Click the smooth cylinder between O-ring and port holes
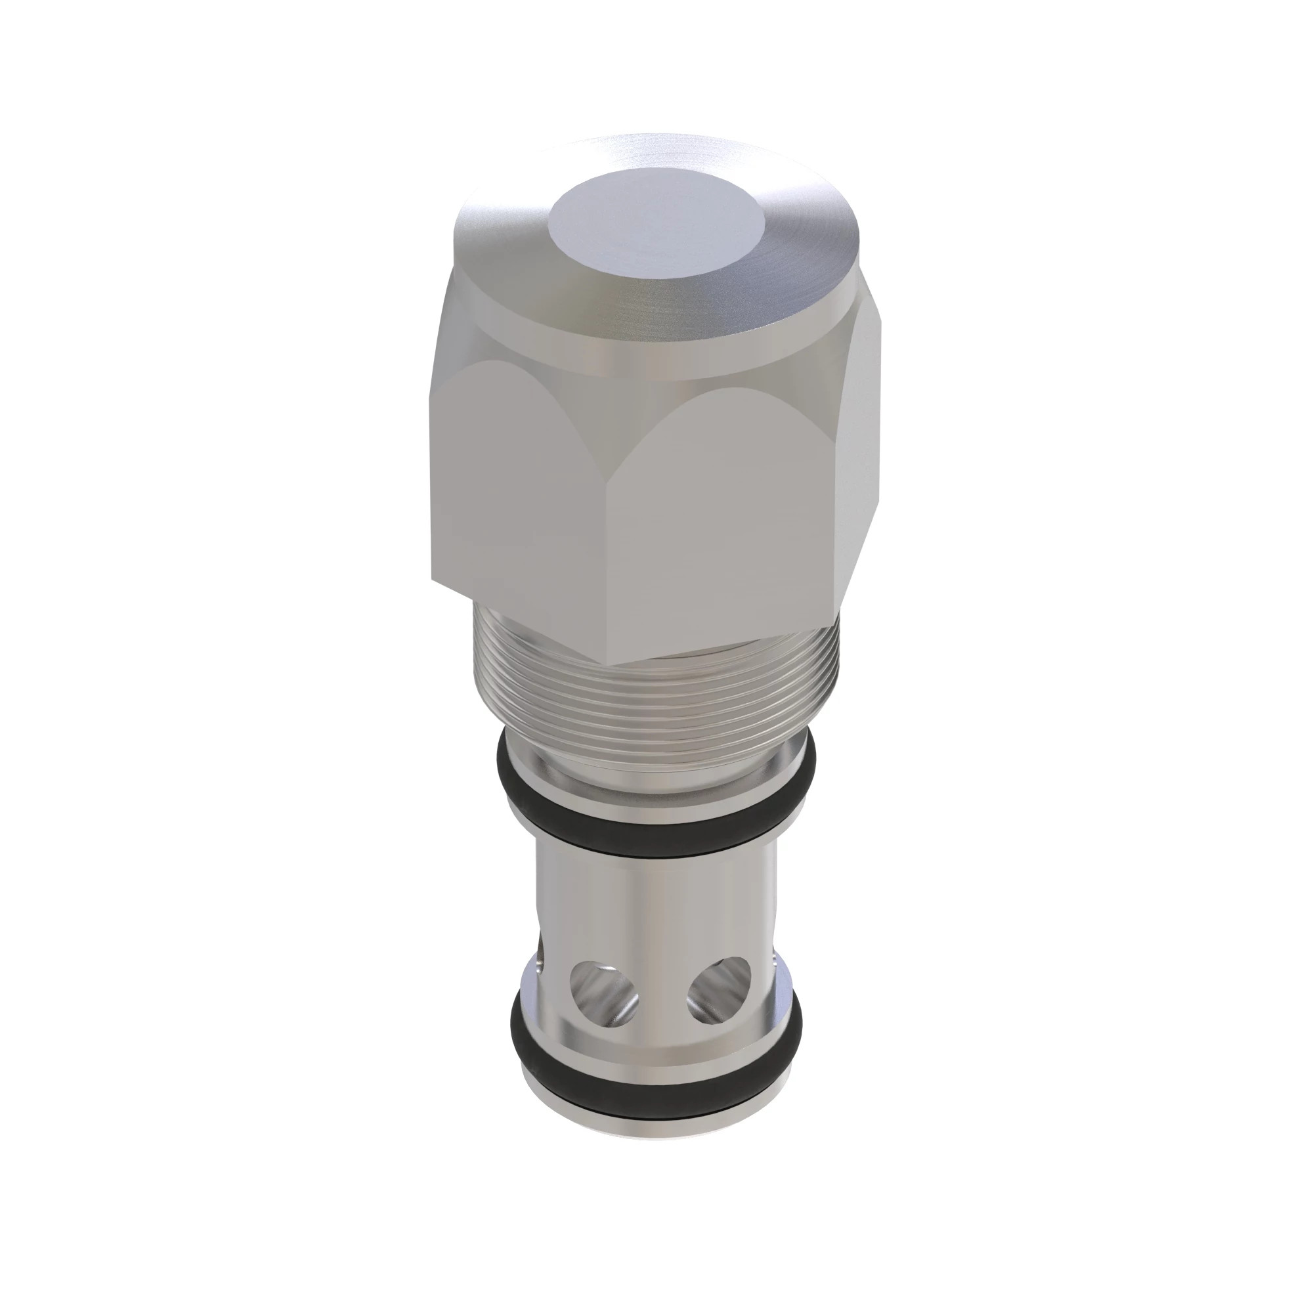pyautogui.click(x=653, y=904)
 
